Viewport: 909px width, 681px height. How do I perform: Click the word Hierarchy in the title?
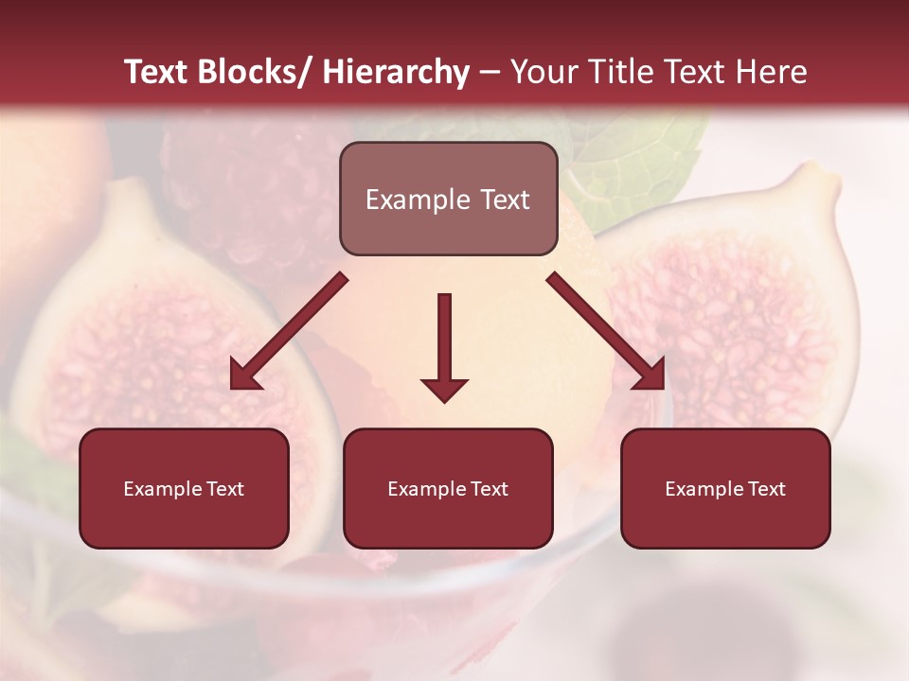coord(396,72)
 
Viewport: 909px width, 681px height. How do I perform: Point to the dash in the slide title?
coord(490,74)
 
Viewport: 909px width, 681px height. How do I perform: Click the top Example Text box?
coord(448,199)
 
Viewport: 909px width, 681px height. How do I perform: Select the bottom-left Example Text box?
coord(184,488)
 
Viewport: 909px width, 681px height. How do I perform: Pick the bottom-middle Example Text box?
coord(448,488)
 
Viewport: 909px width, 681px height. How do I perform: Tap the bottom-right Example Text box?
coord(725,488)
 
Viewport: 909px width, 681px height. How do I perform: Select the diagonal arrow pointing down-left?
coord(289,331)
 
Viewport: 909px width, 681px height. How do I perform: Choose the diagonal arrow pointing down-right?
coord(606,331)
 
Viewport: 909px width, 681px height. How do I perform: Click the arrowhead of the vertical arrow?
coord(444,389)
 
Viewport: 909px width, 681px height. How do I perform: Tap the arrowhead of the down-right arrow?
coord(652,375)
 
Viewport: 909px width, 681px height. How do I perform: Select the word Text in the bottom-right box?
coord(766,489)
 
